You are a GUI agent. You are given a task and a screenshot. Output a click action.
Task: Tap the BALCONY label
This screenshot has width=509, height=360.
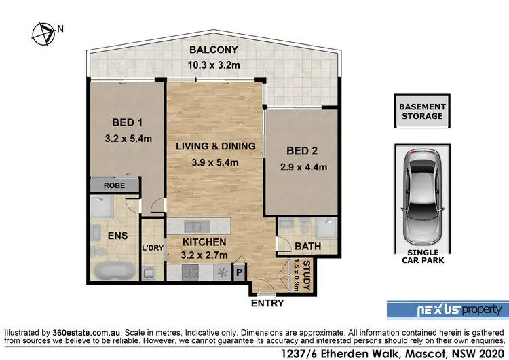(x=213, y=50)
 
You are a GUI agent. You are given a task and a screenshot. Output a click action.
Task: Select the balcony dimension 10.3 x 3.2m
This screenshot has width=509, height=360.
(x=213, y=66)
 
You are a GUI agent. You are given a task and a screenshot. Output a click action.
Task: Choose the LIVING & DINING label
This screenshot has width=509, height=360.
(x=215, y=146)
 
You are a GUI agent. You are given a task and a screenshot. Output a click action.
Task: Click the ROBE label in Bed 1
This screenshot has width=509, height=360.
(x=113, y=184)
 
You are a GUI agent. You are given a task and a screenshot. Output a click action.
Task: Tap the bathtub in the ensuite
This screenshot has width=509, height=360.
(x=113, y=271)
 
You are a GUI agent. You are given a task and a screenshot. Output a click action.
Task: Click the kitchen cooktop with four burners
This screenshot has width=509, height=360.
(x=189, y=273)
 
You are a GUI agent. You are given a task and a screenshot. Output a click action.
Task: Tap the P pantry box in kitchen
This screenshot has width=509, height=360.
(x=239, y=273)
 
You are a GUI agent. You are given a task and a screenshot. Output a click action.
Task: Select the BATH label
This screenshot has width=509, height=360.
(x=302, y=247)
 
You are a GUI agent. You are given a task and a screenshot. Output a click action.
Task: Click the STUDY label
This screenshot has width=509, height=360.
(x=306, y=274)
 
